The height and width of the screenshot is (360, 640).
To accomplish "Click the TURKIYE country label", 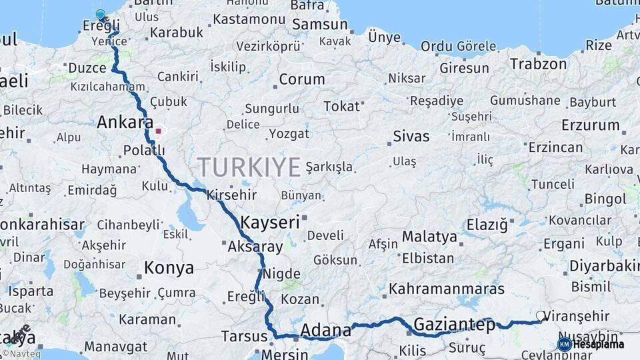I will click(x=249, y=167).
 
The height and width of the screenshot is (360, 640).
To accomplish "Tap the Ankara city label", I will click(x=125, y=122).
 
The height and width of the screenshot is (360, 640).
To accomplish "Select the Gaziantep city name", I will click(x=455, y=325).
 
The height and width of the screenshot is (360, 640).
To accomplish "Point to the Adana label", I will click(x=325, y=330).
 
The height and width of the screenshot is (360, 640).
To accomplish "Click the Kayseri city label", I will click(x=270, y=222).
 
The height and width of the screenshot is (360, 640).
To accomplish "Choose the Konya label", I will click(x=169, y=268).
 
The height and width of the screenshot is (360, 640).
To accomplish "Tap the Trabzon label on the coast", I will click(x=538, y=64).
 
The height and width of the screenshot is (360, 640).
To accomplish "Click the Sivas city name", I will click(x=411, y=136).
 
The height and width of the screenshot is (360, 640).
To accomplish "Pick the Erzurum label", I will click(x=590, y=125).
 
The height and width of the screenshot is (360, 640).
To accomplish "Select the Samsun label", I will click(x=320, y=25).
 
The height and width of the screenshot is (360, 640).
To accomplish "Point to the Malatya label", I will click(x=429, y=237).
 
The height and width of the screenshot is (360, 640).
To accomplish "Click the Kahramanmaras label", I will click(x=446, y=289).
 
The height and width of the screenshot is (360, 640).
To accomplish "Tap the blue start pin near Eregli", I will click(x=101, y=14).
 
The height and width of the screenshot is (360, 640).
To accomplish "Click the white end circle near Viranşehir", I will click(x=540, y=315).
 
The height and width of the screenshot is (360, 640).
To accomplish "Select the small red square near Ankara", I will click(x=158, y=131).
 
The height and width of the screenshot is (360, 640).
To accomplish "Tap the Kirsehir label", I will click(x=231, y=195).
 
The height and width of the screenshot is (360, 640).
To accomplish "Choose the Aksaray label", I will click(x=255, y=247).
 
